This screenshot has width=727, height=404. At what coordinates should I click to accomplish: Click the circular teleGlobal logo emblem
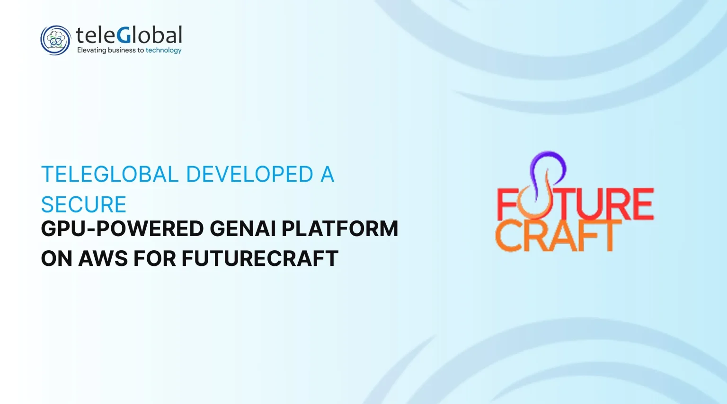coord(55,40)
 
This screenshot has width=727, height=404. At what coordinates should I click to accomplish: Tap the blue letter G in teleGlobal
coord(124,35)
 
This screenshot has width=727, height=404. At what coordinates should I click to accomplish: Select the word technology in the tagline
coord(164,50)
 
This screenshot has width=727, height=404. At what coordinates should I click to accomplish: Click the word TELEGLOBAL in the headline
coord(110,174)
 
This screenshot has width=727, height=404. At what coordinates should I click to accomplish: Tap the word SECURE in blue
coord(83,204)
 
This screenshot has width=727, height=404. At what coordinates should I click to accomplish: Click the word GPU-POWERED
coord(123,229)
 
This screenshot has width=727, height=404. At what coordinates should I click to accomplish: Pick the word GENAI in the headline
coord(243,229)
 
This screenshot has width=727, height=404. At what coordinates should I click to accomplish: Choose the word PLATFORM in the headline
coord(339,229)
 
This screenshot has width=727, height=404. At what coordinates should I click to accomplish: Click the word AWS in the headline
coord(103,259)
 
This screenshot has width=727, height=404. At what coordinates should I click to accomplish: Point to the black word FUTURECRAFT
coord(260,259)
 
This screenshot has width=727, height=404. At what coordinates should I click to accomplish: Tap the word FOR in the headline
coord(154,259)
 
